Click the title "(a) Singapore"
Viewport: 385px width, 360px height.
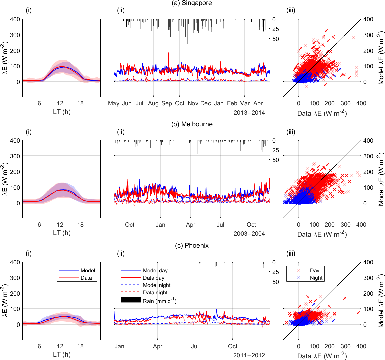tap(192, 3)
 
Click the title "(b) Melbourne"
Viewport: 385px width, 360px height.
tap(192, 124)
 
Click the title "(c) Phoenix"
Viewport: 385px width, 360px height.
tap(192, 245)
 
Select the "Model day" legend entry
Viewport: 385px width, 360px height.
tap(155, 270)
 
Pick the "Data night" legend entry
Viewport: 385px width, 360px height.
tap(155, 292)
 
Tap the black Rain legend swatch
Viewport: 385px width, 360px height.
tap(131, 300)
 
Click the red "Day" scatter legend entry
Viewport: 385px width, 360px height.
tap(314, 270)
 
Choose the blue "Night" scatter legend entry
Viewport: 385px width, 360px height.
tap(316, 278)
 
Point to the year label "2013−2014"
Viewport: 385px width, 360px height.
tap(249, 113)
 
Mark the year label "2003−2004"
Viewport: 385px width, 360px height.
tap(249, 234)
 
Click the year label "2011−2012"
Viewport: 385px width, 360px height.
tap(249, 355)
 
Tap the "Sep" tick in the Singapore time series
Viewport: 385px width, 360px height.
tap(166, 103)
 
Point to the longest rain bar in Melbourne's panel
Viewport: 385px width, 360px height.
tap(151, 157)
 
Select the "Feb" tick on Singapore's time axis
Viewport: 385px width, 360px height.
tap(232, 103)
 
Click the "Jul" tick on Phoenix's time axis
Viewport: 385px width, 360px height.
tap(195, 346)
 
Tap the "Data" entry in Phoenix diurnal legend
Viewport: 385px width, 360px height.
tap(86, 278)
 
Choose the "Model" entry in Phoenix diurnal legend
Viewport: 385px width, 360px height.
tap(88, 270)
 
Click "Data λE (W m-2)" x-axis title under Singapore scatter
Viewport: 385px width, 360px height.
tap(322, 113)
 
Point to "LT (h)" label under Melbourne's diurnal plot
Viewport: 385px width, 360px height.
tap(62, 233)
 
